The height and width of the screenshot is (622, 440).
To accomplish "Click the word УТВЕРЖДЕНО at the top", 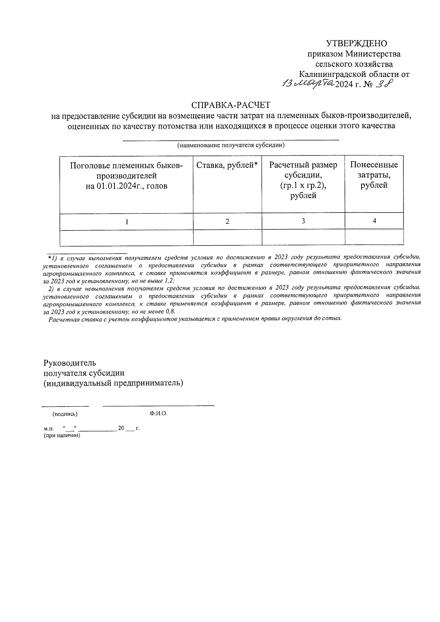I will tap(357, 44).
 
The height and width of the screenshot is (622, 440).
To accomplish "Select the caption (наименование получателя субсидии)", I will tap(231, 145).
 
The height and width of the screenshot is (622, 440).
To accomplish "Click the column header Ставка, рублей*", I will tap(227, 165).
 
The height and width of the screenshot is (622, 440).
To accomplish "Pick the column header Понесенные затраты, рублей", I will tap(374, 175).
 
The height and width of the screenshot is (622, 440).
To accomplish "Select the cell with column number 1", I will tap(126, 221).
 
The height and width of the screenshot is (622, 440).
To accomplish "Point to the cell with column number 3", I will tap(303, 221).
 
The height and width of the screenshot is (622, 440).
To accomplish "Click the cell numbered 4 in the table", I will tap(374, 221).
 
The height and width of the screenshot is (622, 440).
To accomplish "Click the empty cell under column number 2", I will tap(227, 237).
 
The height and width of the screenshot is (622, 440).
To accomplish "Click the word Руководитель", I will tap(70, 363).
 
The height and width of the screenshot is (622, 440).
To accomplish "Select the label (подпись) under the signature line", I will tap(65, 414).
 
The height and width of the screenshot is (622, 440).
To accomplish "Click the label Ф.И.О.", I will tap(158, 413).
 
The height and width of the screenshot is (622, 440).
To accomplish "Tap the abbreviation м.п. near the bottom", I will tap(48, 428).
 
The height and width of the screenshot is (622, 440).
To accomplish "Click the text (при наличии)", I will tap(61, 435).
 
